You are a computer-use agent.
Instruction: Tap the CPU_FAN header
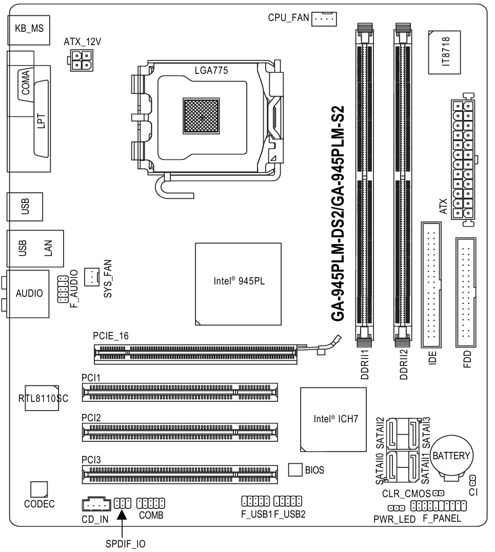tap(323, 19)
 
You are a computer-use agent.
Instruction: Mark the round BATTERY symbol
tap(452, 455)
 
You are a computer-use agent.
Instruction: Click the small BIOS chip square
tap(295, 469)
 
